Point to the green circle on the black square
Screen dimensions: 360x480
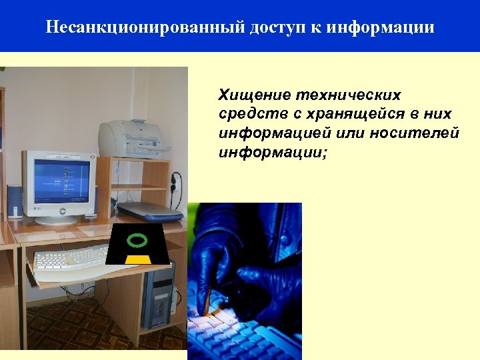pyautogui.click(x=137, y=240)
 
